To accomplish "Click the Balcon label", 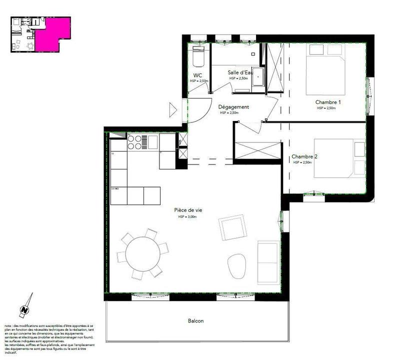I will pos(196,321).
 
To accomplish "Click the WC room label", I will pos(197,75).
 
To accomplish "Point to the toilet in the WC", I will pos(198,59).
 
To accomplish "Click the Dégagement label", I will pos(233,107).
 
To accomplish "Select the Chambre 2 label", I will pos(304,156).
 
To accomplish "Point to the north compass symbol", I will pos(24,308).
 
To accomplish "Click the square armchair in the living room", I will pos(232,228).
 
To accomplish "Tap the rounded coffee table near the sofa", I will pos(236,266).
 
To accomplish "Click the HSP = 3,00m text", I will pos(188,217).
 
